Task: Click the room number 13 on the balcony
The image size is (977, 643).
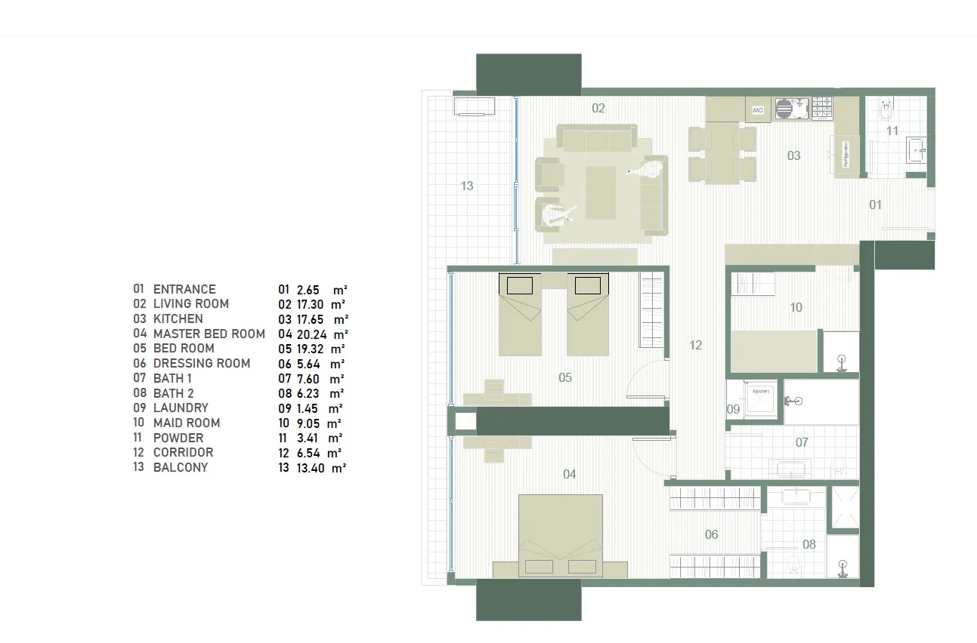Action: point(467,185)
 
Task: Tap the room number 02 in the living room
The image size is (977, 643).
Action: point(598,109)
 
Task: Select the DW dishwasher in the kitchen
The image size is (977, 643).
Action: point(757,109)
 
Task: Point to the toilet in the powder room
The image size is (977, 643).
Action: point(886,112)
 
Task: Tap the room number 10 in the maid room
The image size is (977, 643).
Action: point(796,307)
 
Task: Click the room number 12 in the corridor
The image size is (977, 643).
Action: point(696,345)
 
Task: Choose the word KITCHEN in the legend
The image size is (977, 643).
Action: point(178,319)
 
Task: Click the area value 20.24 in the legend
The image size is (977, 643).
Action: point(314,334)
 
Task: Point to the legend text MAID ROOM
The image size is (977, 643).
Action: point(187,423)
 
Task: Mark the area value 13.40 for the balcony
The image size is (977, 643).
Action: point(314,468)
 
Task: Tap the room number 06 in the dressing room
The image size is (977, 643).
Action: point(711,534)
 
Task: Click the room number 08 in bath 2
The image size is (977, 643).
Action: point(809,544)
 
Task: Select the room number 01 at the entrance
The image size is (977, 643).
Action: point(875,205)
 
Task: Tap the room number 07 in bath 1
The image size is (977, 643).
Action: point(802,442)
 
